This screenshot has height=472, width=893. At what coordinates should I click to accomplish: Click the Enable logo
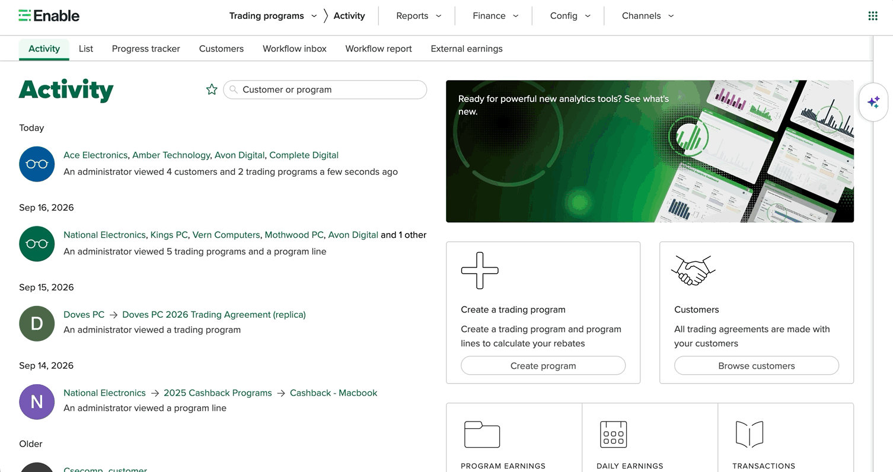49,16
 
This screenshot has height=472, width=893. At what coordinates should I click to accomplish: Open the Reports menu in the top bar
419,16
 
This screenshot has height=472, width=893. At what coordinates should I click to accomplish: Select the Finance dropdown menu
496,16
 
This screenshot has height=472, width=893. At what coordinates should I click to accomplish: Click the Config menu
570,16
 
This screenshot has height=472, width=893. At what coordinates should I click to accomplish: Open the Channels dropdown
648,16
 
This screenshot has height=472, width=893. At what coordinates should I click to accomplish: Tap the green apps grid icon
873,16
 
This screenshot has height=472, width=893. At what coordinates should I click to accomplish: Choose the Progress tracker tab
146,49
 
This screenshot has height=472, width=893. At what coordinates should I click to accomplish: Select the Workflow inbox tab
295,49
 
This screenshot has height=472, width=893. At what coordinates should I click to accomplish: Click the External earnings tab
467,49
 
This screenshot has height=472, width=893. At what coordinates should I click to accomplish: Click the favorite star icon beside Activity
212,90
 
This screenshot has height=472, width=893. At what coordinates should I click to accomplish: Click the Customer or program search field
325,90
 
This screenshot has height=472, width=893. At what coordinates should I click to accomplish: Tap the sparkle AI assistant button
873,103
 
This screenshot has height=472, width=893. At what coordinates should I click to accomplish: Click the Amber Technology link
171,155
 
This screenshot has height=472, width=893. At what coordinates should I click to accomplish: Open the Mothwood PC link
294,235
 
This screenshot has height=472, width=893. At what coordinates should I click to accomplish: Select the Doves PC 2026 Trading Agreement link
214,314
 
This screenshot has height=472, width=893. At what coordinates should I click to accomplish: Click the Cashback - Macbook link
333,393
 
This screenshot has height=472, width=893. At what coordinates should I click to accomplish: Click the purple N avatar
37,402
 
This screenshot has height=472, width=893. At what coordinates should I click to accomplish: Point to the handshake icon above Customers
693,270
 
